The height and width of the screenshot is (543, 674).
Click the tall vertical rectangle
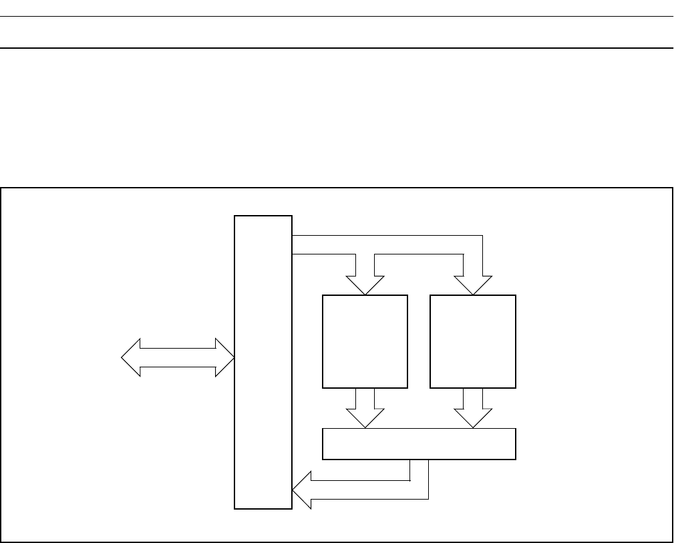(x=263, y=361)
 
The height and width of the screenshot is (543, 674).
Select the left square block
(x=365, y=341)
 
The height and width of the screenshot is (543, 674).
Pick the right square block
(x=473, y=341)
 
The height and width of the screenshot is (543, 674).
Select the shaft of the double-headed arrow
(x=178, y=358)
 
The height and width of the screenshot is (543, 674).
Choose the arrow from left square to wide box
(x=365, y=407)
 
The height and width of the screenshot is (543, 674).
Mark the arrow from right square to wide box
(x=473, y=407)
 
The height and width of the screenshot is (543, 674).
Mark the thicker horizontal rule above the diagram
(x=337, y=48)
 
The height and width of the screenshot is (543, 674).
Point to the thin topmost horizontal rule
(x=337, y=16)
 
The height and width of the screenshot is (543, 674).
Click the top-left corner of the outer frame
(x=1, y=188)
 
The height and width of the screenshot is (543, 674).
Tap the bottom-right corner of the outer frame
(x=671, y=541)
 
